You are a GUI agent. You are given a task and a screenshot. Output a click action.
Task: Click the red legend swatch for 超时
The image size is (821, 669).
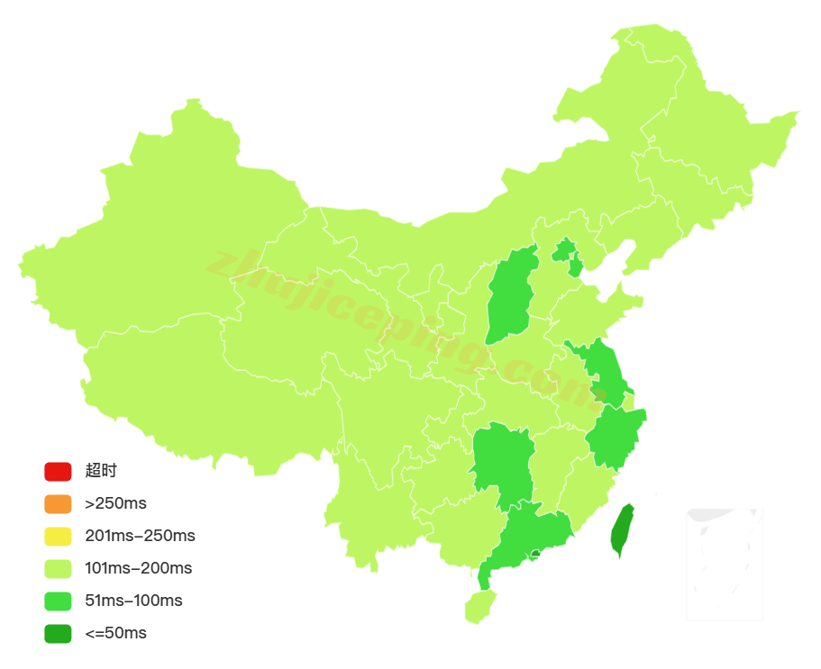tap(58, 471)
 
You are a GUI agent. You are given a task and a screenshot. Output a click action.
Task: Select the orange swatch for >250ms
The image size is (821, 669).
tap(58, 503)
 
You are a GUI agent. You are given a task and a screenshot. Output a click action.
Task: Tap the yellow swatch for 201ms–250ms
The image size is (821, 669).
tap(58, 537)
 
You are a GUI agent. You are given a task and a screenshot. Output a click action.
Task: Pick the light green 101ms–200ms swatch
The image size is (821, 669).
tap(58, 569)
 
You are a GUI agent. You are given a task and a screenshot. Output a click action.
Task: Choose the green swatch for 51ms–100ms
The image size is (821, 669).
tap(58, 601)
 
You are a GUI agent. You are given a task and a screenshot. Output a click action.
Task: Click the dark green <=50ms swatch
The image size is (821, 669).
tap(58, 634)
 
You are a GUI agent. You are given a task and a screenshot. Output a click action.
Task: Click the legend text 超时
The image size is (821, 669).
tap(101, 471)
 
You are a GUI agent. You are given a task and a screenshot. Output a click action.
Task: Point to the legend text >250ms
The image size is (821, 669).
tap(115, 503)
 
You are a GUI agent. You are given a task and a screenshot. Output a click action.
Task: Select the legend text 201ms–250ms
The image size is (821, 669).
tap(140, 537)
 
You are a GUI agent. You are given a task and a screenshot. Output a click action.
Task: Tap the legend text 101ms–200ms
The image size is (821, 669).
tap(138, 569)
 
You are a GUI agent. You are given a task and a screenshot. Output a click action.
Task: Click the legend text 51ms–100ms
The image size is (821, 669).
tap(133, 601)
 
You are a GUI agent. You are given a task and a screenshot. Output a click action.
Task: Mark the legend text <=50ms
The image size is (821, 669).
tap(115, 634)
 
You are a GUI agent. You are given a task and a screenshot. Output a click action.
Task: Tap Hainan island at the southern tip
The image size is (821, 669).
tap(479, 607)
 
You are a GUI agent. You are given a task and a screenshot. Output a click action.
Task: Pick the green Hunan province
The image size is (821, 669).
tap(502, 459)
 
